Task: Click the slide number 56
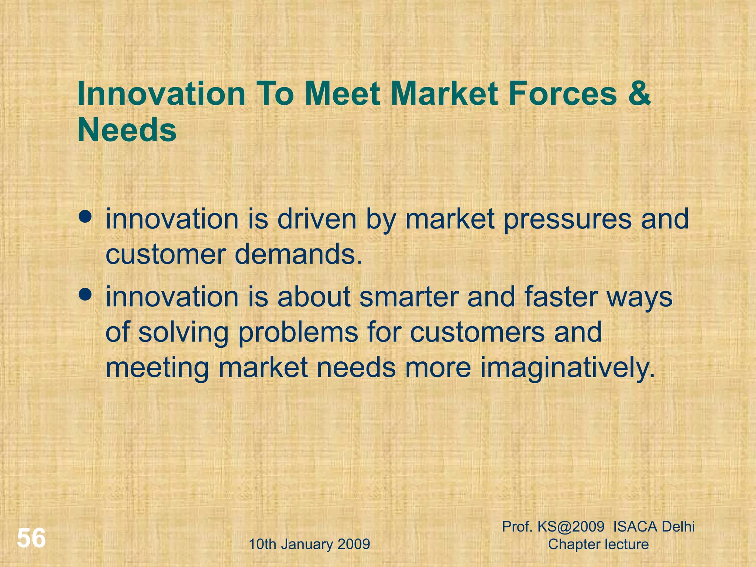point(31,538)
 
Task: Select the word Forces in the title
point(562,94)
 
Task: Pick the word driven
point(317,219)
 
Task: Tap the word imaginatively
point(567,368)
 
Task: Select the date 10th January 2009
point(309,544)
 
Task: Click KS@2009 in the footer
point(571,527)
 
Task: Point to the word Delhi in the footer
point(678,527)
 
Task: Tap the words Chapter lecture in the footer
point(598,544)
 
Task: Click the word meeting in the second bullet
point(157,368)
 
